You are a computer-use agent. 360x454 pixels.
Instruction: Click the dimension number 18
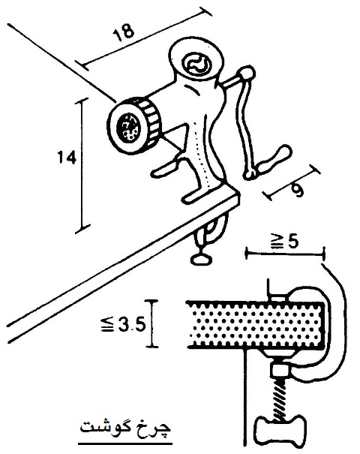[x=124, y=31]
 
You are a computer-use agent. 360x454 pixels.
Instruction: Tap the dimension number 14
[x=67, y=158]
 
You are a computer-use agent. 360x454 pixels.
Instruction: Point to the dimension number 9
[x=298, y=190]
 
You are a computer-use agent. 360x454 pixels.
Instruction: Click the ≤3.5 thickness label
[x=122, y=325]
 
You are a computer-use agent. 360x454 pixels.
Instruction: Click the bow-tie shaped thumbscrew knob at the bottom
[x=280, y=428]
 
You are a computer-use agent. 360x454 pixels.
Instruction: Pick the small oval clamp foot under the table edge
[x=202, y=259]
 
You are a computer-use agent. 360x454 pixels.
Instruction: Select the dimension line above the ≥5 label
[x=285, y=254]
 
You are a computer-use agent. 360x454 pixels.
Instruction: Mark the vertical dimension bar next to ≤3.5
[x=152, y=323]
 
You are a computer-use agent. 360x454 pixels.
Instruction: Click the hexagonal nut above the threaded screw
[x=280, y=371]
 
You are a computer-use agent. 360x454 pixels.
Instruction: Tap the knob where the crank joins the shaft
[x=247, y=74]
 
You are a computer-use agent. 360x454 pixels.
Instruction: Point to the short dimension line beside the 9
[x=292, y=182]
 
